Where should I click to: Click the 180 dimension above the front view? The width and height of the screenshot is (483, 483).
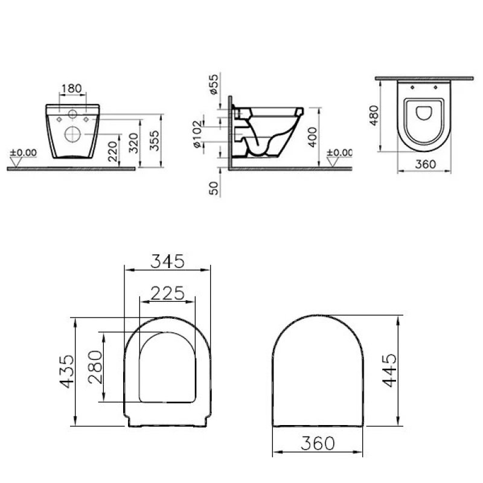coord(71,89)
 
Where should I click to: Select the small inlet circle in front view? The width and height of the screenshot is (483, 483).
coord(72,114)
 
